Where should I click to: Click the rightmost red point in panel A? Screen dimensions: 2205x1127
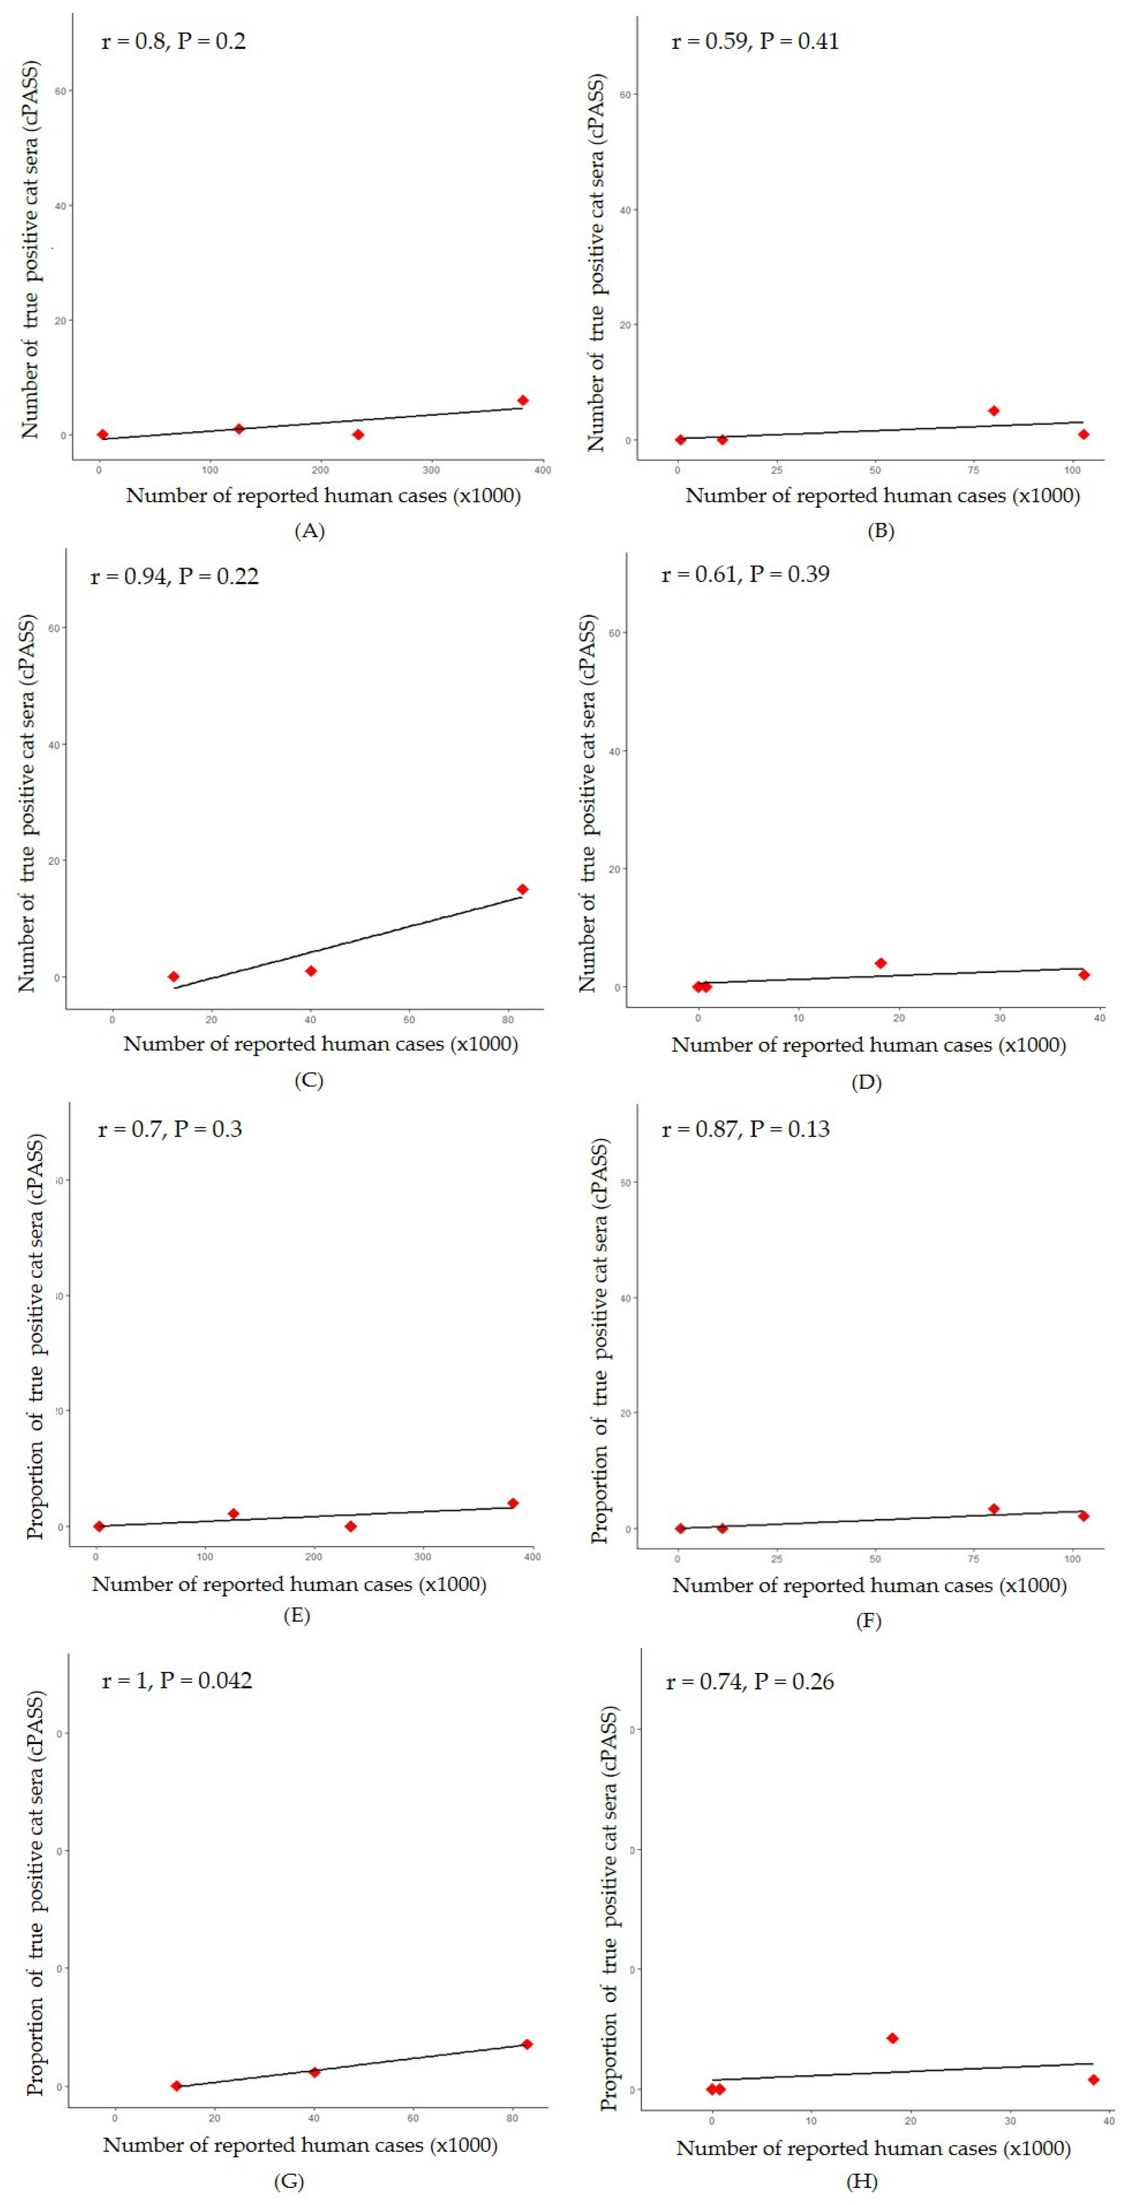coord(523,401)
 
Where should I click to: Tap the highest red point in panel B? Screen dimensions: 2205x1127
coord(994,411)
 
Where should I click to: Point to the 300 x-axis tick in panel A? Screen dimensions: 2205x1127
coord(431,470)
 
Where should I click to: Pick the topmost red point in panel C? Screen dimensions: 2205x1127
coord(523,890)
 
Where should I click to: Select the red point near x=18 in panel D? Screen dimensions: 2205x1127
coord(880,963)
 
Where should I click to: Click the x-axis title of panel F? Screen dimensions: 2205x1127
coord(869,1585)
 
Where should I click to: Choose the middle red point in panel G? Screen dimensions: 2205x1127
coord(314,2072)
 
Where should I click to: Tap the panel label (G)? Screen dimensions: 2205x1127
coord(288,2181)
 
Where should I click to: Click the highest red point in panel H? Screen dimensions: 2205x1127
coord(892,2038)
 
